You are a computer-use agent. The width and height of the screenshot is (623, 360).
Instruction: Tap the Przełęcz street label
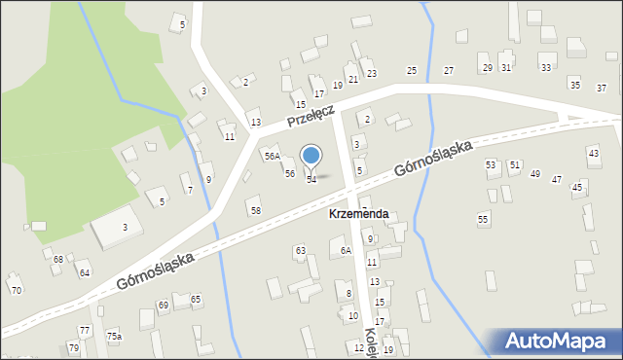pyautogui.click(x=311, y=118)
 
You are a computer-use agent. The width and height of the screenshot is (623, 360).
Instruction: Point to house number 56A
pyautogui.click(x=272, y=156)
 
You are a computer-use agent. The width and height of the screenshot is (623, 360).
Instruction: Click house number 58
pyautogui.click(x=255, y=210)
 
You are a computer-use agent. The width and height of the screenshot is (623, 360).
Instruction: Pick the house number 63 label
pyautogui.click(x=301, y=251)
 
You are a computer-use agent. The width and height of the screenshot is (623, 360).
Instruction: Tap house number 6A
pyautogui.click(x=346, y=250)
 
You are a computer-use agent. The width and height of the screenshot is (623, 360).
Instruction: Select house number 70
pyautogui.click(x=15, y=290)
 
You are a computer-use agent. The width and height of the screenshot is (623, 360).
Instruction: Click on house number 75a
pyautogui.click(x=115, y=336)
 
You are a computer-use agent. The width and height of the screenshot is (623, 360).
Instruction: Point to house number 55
pyautogui.click(x=483, y=219)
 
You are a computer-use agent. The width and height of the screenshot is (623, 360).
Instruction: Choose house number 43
pyautogui.click(x=593, y=154)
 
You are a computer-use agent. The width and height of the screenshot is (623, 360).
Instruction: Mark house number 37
pyautogui.click(x=602, y=86)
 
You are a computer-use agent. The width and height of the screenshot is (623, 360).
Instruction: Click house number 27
pyautogui.click(x=449, y=70)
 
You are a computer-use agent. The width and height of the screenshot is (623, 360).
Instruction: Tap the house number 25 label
pyautogui.click(x=412, y=70)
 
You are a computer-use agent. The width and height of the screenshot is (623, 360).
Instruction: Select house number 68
pyautogui.click(x=58, y=259)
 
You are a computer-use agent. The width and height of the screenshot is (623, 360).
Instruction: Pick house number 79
pyautogui.click(x=74, y=347)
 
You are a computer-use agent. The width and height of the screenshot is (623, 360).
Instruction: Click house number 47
pyautogui.click(x=557, y=179)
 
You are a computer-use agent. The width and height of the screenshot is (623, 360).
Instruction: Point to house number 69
pyautogui.click(x=164, y=306)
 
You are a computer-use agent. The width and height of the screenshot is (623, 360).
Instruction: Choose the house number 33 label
pyautogui.click(x=545, y=67)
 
